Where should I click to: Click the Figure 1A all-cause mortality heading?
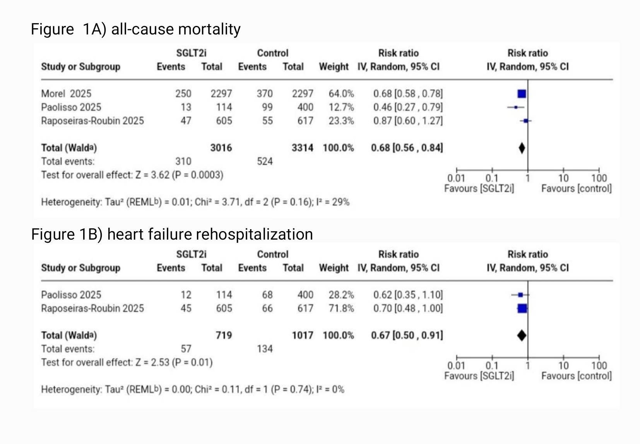pos(135,29)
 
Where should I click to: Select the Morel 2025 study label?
pos(66,94)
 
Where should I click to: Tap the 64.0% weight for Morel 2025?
pos(341,94)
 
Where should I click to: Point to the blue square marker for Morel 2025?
pos(522,94)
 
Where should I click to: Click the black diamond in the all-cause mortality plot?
pos(522,148)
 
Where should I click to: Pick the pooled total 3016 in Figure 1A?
pos(221,148)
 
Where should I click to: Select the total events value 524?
pos(265,161)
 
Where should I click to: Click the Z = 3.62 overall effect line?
pos(132,175)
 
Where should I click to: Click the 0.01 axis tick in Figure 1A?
pos(456,178)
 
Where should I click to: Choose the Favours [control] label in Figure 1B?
pos(576,376)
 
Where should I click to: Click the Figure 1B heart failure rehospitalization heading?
pos(172,235)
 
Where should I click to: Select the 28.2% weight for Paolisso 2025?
pos(341,295)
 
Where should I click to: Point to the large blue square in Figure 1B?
pos(522,309)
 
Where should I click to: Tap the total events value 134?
pos(265,349)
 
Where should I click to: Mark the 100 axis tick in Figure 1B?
pos(599,365)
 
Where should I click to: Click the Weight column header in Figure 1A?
pos(334,67)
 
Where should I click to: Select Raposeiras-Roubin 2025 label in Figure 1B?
pos(92,309)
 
